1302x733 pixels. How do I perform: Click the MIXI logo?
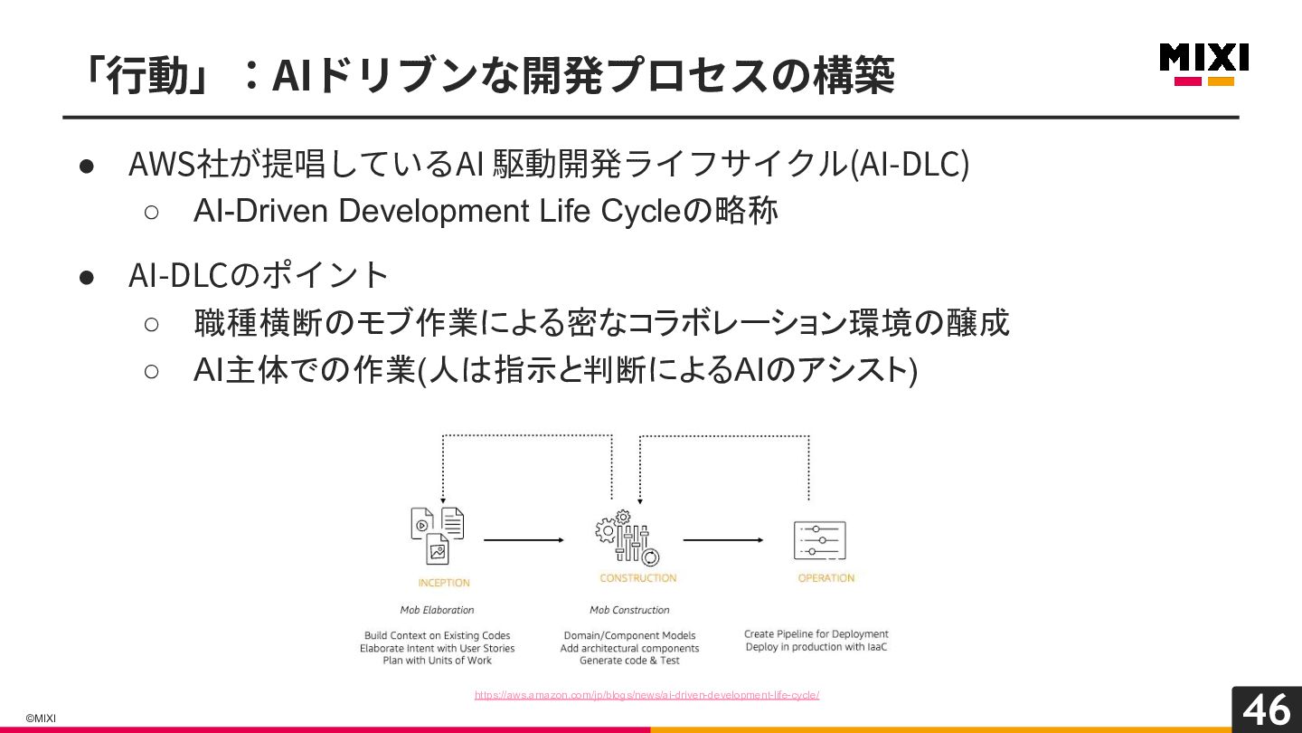click(1203, 63)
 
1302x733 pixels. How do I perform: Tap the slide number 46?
click(1266, 709)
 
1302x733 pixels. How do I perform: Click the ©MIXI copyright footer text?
click(41, 719)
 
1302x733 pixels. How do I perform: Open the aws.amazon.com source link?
click(646, 695)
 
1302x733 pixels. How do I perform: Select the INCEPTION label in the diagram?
click(444, 583)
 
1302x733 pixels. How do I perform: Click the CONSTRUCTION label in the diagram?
click(637, 578)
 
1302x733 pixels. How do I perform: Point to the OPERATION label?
click(826, 578)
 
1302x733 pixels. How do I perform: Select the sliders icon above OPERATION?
click(820, 540)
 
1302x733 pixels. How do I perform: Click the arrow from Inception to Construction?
click(524, 540)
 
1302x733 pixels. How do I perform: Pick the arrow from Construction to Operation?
click(722, 540)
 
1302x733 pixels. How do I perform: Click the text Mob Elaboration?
click(437, 610)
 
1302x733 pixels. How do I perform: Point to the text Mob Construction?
click(629, 610)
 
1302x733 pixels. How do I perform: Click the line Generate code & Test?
click(629, 661)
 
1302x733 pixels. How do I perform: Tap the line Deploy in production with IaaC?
click(816, 647)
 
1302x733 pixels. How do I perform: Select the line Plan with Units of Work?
click(437, 661)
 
